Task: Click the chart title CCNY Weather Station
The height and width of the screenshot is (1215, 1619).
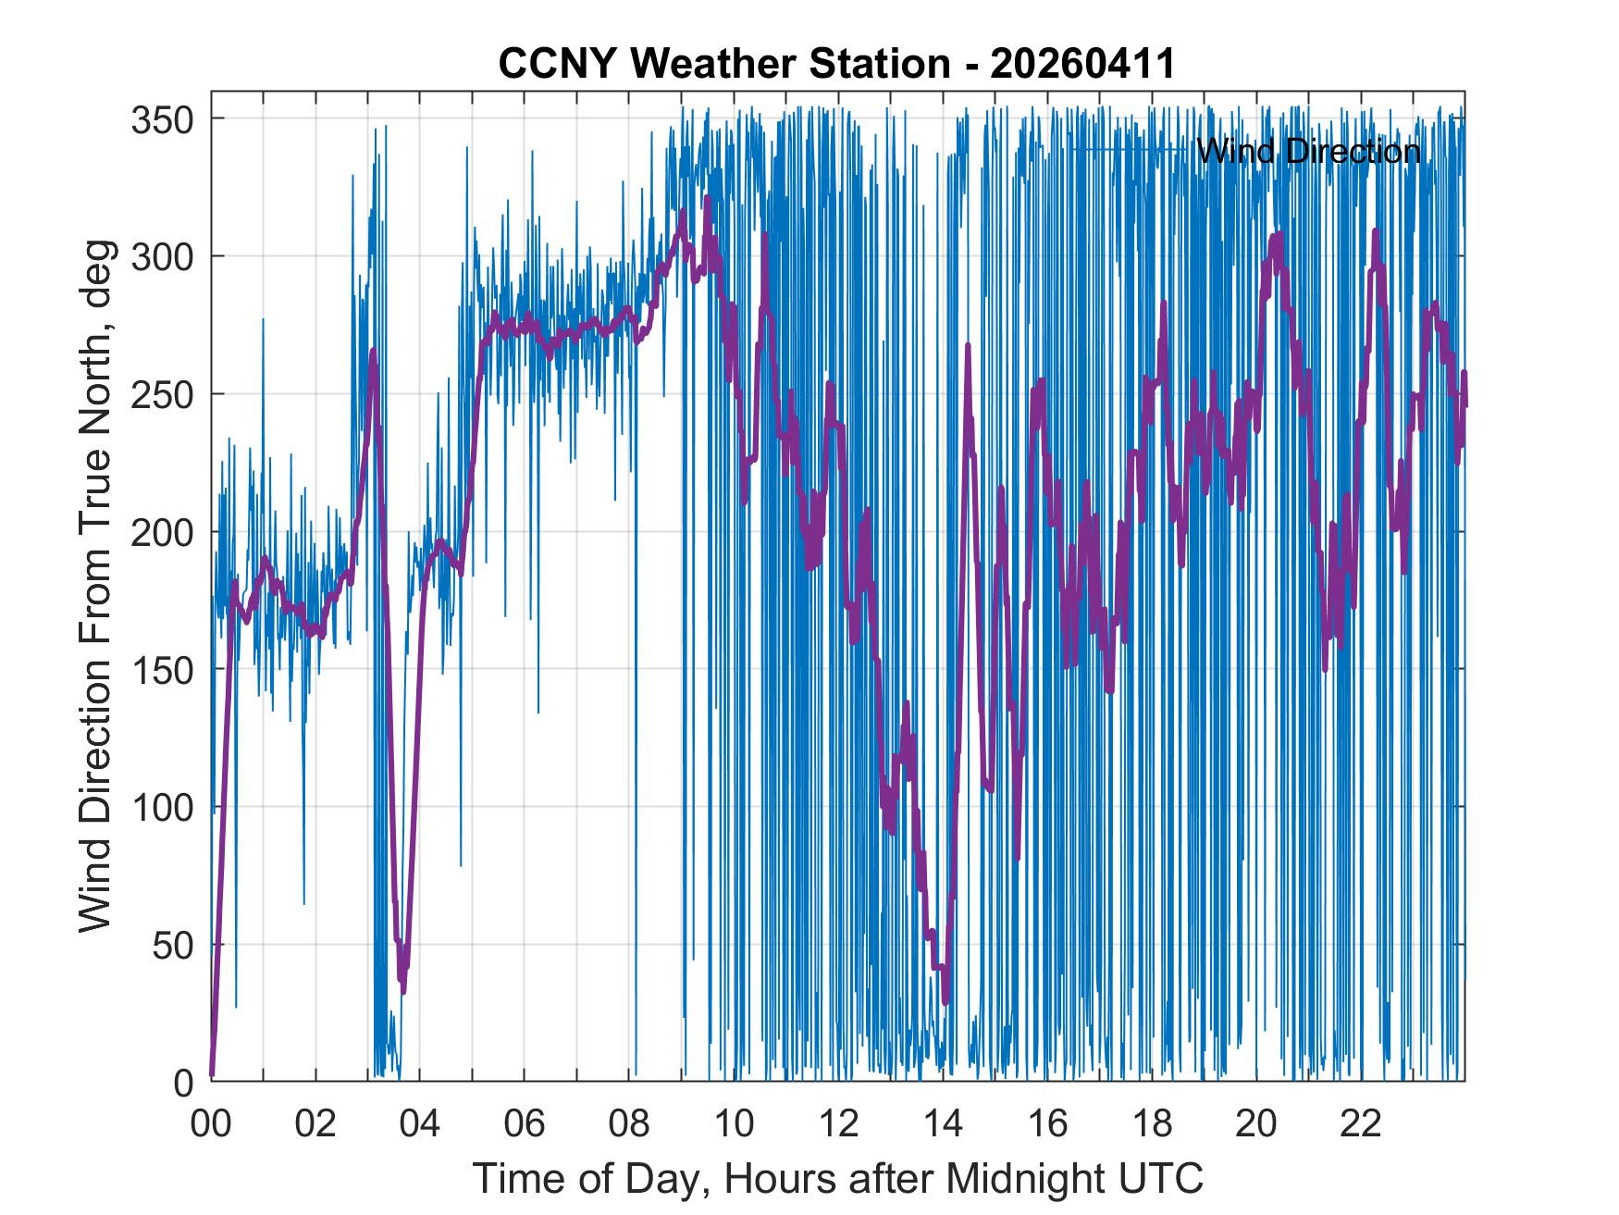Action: pyautogui.click(x=723, y=64)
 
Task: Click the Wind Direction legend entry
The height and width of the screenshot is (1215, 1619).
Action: pyautogui.click(x=1307, y=150)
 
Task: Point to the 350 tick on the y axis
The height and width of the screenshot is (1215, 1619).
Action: pyautogui.click(x=163, y=119)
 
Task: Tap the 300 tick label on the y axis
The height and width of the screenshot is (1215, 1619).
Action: pyautogui.click(x=163, y=256)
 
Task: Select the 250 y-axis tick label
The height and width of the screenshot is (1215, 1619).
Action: pyautogui.click(x=163, y=394)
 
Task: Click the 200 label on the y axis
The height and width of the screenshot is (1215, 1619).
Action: pyautogui.click(x=163, y=532)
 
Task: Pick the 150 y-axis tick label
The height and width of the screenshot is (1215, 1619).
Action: pyautogui.click(x=163, y=670)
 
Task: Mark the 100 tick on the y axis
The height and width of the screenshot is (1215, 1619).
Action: pyautogui.click(x=163, y=808)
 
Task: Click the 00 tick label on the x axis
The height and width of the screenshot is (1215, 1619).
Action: pyautogui.click(x=211, y=1124)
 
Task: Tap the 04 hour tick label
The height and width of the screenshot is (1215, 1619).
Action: pyautogui.click(x=420, y=1124)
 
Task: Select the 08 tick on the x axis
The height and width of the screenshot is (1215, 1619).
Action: pyautogui.click(x=629, y=1124)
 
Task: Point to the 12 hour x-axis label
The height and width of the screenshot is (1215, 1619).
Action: pyautogui.click(x=838, y=1124)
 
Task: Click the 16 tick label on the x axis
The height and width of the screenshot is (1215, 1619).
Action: pyautogui.click(x=1047, y=1124)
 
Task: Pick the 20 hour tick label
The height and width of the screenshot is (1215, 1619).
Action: pyautogui.click(x=1256, y=1124)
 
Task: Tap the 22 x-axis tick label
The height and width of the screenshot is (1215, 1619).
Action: pyautogui.click(x=1361, y=1124)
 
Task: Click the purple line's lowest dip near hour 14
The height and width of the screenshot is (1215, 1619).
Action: pyautogui.click(x=945, y=1001)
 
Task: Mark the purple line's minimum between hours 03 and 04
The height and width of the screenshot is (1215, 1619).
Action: pyautogui.click(x=403, y=989)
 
